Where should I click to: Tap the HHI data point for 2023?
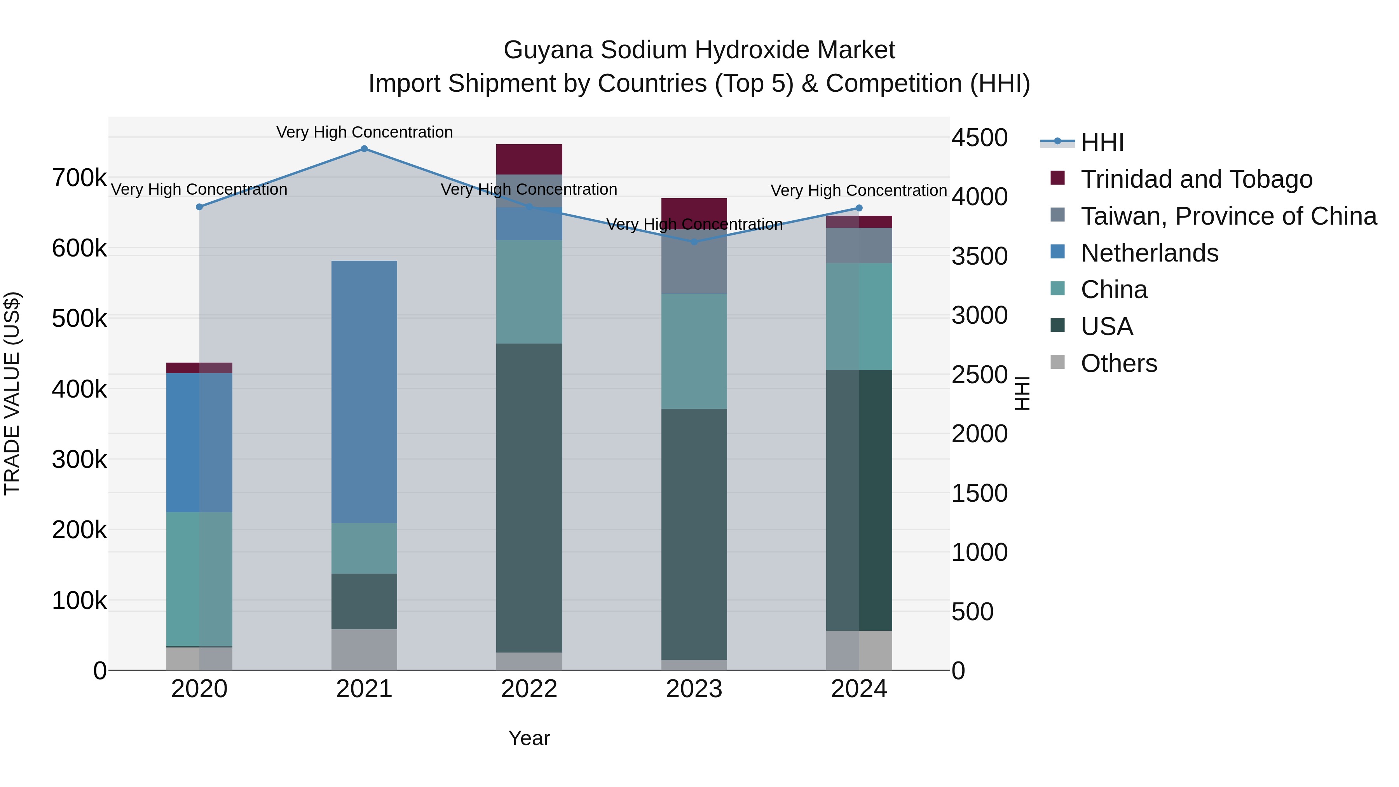(x=694, y=242)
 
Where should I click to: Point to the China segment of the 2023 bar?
(x=694, y=351)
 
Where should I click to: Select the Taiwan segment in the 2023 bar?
(x=694, y=262)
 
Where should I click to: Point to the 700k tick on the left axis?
(x=79, y=178)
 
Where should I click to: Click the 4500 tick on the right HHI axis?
(x=979, y=138)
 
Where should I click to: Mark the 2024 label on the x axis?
(x=858, y=689)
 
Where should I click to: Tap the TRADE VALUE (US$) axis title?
(x=12, y=393)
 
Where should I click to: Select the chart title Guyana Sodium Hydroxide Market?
(x=699, y=50)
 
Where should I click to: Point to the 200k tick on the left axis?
(x=79, y=530)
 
